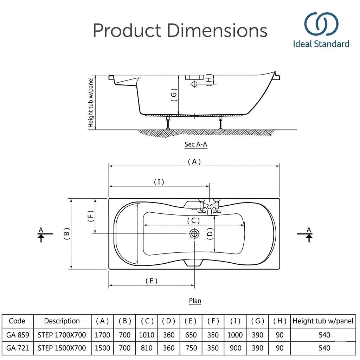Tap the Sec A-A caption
(x=196, y=144)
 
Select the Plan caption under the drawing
(x=195, y=301)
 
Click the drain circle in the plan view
(x=194, y=234)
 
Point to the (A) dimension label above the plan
(x=194, y=162)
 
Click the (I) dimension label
(x=159, y=182)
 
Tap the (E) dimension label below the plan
(x=151, y=281)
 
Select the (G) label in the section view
(x=174, y=95)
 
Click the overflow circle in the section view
(x=194, y=84)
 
